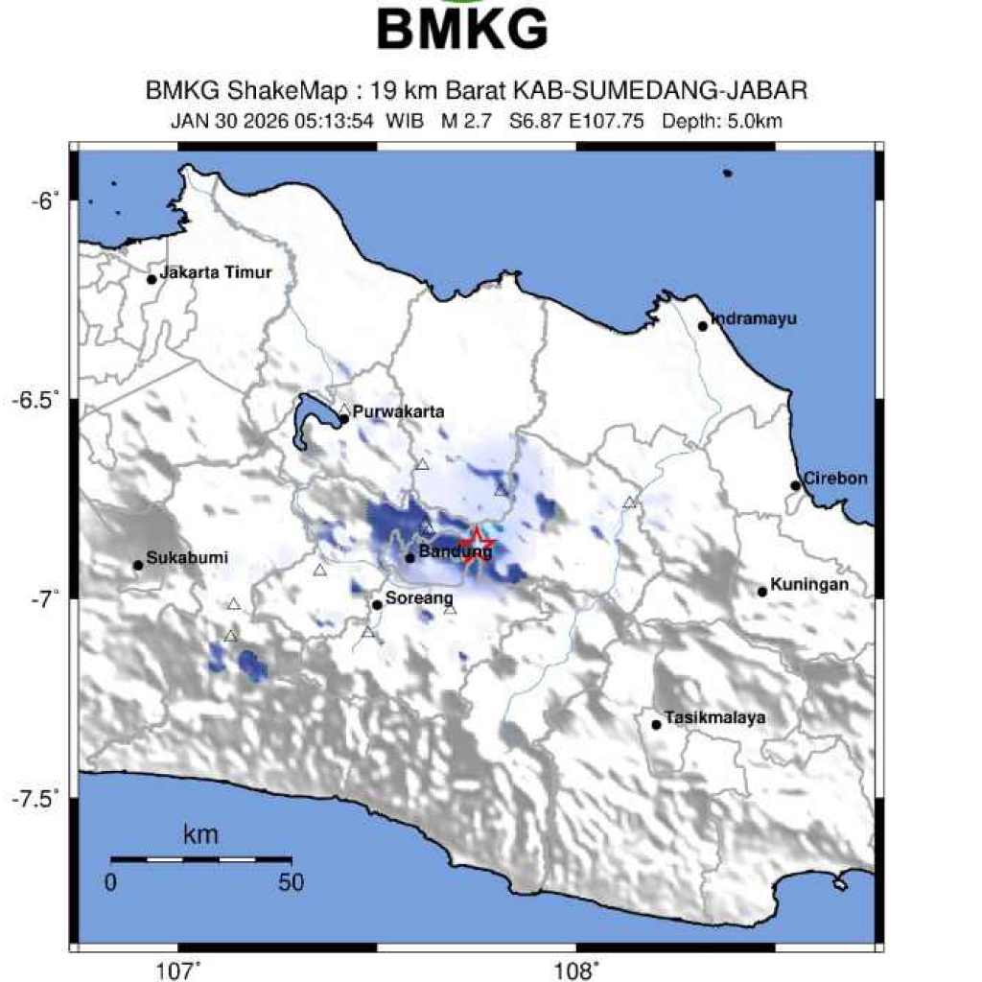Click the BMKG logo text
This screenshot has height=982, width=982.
pos(462,29)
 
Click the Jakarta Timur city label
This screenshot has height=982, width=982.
pos(216,272)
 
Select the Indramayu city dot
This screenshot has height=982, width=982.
pos(703,326)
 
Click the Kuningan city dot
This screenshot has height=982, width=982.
pos(762,592)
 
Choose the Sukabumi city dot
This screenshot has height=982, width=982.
pos(138,565)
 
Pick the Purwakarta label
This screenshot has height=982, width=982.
pos(398,412)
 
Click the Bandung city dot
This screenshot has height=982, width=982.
pos(409,558)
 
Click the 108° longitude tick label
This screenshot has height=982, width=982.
pos(580,970)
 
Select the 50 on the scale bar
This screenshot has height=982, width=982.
pos(291,882)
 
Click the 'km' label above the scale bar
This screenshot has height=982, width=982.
pos(200,835)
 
